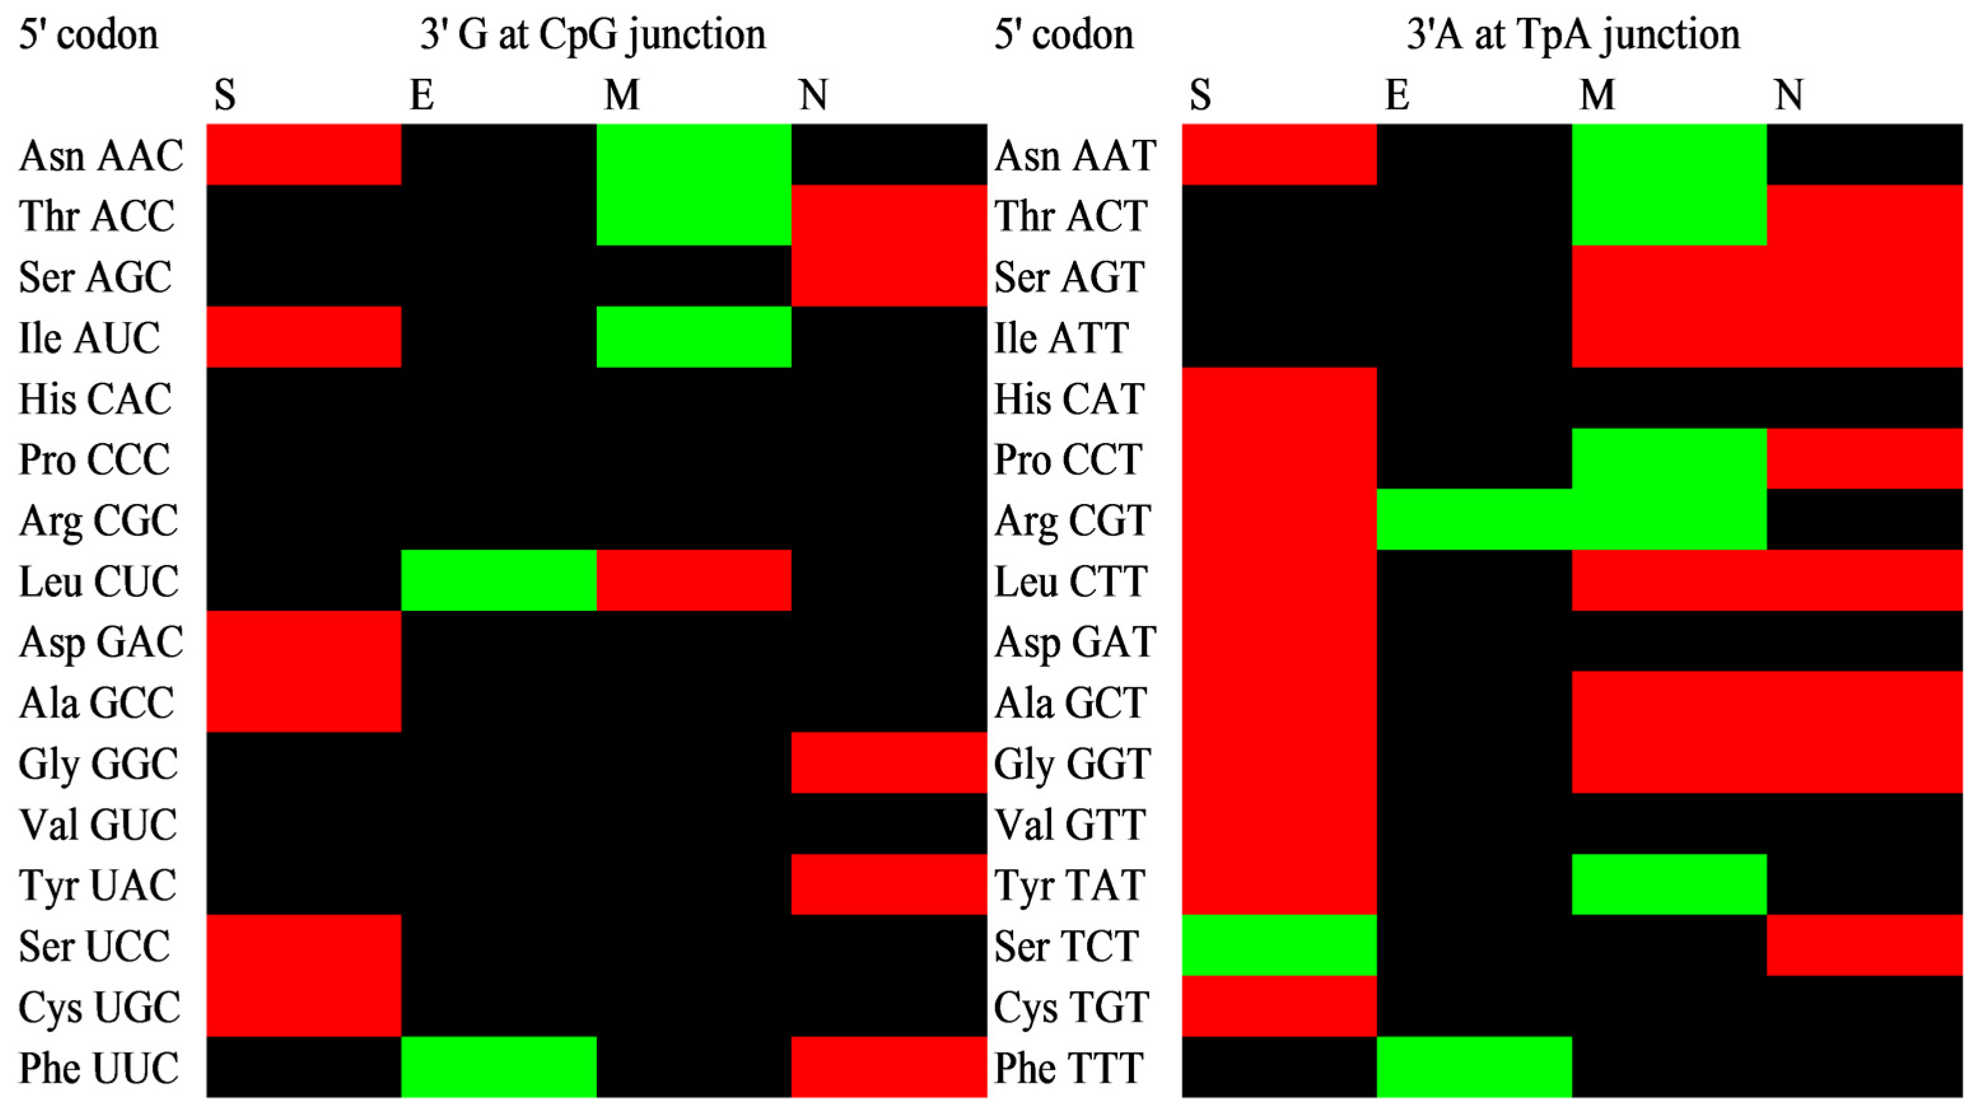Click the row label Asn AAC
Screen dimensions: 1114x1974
[101, 155]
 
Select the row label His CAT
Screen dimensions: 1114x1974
[1070, 399]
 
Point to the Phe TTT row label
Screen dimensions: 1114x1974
[1068, 1068]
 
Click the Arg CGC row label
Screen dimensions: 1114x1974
[99, 521]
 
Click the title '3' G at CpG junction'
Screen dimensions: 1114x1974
[592, 34]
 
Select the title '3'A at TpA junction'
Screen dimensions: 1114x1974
[1573, 34]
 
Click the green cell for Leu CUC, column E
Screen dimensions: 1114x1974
[499, 581]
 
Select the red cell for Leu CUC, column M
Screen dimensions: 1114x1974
[694, 581]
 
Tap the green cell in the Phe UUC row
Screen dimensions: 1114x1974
[499, 1068]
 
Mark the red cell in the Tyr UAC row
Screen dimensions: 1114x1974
[889, 884]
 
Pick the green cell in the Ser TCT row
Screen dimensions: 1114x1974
[1279, 945]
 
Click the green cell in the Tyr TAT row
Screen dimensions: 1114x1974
[1669, 884]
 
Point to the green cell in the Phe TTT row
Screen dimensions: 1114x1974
[1474, 1068]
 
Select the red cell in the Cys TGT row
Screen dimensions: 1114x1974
[1279, 1006]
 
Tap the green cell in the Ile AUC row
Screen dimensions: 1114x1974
[694, 337]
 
